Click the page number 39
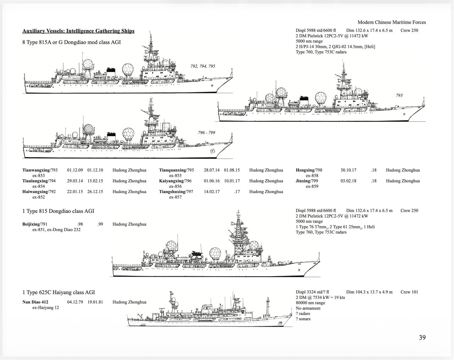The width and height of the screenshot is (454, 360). (422, 337)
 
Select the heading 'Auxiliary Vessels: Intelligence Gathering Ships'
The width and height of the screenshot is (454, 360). (78, 31)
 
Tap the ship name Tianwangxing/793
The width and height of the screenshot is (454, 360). (40, 170)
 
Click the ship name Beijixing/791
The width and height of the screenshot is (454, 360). (35, 224)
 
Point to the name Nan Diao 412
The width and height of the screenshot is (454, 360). (35, 302)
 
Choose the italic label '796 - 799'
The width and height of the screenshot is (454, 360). (206, 132)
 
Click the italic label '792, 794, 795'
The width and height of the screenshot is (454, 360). (203, 66)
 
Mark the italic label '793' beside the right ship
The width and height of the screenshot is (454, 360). (399, 96)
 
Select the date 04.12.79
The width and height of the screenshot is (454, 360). (75, 302)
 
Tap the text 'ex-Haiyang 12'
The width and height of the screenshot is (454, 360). (45, 307)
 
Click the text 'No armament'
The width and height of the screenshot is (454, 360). (308, 308)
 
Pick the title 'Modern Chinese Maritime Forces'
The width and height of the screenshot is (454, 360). (392, 22)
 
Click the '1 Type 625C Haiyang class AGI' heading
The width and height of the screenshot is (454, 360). (59, 292)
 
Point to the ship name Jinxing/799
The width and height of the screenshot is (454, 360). (307, 181)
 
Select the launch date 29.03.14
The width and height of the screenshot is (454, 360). (75, 181)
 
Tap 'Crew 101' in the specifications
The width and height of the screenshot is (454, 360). (409, 292)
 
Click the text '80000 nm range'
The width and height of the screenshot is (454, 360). (310, 303)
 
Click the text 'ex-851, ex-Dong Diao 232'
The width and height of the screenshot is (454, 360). (56, 229)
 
